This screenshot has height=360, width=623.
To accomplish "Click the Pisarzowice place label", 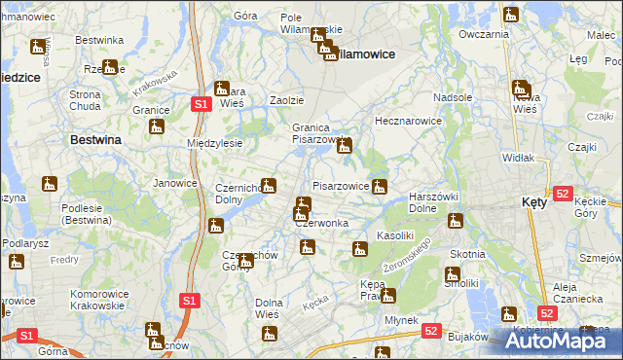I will tap(340, 185).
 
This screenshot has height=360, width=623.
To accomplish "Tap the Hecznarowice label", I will tap(409, 122).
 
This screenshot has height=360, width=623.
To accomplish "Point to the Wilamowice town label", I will tap(364, 54).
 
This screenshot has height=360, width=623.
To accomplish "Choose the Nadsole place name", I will tap(453, 98).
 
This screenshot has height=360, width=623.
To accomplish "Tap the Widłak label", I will tap(517, 157).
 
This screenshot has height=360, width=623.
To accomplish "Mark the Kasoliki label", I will tap(396, 236).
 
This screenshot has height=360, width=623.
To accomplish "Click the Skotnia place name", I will tap(467, 253).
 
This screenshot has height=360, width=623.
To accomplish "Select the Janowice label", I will tap(175, 182).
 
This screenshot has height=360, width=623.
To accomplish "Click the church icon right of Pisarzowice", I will tap(380, 186).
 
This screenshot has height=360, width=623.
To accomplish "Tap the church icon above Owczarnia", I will tap(511, 15).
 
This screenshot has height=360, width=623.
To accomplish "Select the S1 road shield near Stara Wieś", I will tap(200, 103).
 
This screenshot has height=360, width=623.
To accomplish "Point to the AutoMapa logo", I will tap(558, 341).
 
